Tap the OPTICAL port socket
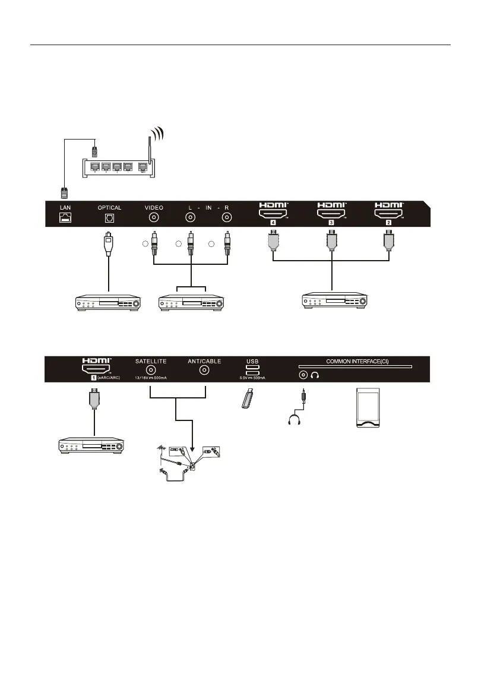click(109, 218)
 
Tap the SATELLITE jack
click(151, 371)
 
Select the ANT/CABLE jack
click(205, 371)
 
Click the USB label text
click(253, 360)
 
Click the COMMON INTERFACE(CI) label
click(354, 360)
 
